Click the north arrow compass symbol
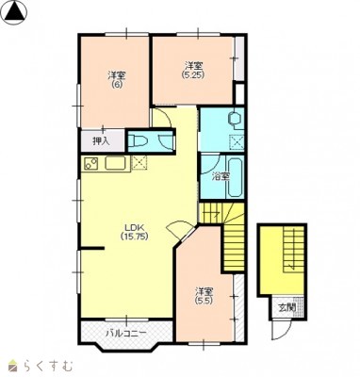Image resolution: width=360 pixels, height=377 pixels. (x=15, y=12)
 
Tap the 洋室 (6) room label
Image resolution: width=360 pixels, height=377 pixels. (x=117, y=79)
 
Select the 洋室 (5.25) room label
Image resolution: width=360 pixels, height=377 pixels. (x=193, y=70)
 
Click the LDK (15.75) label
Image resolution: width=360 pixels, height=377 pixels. (x=134, y=232)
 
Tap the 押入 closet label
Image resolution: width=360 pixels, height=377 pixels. (x=101, y=141)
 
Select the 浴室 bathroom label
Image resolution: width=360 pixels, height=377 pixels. (x=221, y=177)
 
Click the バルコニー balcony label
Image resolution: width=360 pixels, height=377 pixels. (x=125, y=333)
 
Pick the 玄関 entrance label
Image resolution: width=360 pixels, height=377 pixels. (x=287, y=308)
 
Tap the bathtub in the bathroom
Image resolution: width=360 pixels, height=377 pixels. (x=236, y=178)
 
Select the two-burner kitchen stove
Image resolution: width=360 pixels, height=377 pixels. (x=90, y=164)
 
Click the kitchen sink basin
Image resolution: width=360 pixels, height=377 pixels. (x=115, y=163)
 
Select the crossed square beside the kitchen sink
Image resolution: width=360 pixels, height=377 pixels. (x=137, y=163)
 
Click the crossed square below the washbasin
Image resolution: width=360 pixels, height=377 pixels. (x=237, y=141)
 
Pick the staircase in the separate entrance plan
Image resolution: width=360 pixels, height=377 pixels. (x=293, y=250)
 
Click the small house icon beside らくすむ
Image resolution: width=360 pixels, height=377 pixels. (x=14, y=366)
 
